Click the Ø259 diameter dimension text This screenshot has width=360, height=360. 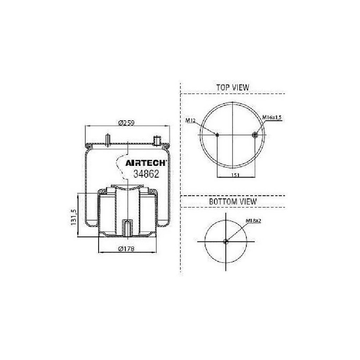126,123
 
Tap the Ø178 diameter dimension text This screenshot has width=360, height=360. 126,249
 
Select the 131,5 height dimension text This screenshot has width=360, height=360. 74,217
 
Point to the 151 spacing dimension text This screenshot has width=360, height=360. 235,175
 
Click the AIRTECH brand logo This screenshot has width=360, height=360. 146,163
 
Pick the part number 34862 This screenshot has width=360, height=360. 146,174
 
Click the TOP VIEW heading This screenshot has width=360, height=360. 233,88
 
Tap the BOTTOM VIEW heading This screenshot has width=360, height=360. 233,201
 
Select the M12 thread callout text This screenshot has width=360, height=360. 190,120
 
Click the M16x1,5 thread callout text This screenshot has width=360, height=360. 272,117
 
